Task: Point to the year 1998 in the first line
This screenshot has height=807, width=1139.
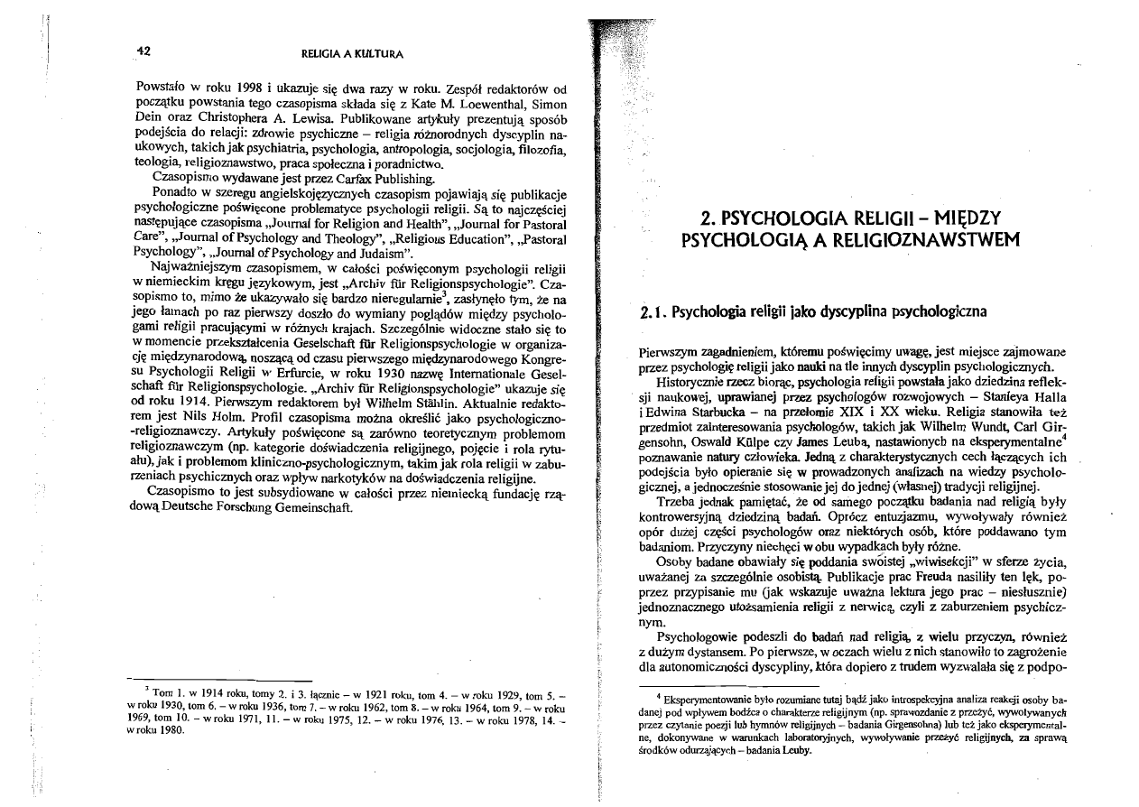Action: click(246, 89)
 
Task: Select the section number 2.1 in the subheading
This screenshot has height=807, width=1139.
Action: click(650, 312)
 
